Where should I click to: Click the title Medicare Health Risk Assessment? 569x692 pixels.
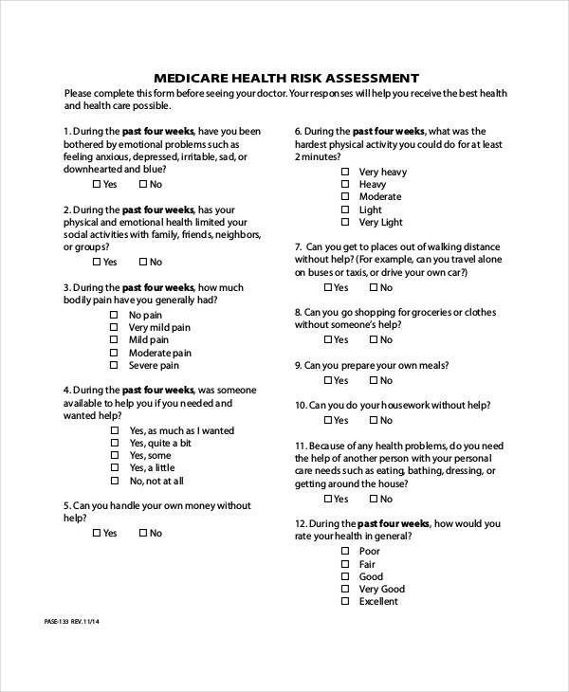pyautogui.click(x=285, y=77)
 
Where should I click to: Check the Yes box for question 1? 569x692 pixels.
pyautogui.click(x=97, y=184)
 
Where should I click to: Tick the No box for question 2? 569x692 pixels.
pyautogui.click(x=143, y=262)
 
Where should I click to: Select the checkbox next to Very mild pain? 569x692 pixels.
pyautogui.click(x=114, y=327)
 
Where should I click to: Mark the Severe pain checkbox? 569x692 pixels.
pyautogui.click(x=114, y=365)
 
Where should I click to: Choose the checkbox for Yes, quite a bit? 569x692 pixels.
pyautogui.click(x=114, y=443)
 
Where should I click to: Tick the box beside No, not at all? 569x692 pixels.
pyautogui.click(x=114, y=481)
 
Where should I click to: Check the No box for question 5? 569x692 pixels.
pyautogui.click(x=143, y=533)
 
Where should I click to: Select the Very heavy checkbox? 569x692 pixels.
pyautogui.click(x=344, y=172)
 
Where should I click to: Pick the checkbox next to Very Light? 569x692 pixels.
pyautogui.click(x=344, y=223)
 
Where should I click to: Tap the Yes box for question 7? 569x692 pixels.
pyautogui.click(x=328, y=287)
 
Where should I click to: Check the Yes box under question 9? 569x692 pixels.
pyautogui.click(x=328, y=380)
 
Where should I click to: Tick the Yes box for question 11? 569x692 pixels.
pyautogui.click(x=328, y=499)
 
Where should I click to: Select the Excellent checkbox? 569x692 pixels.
pyautogui.click(x=344, y=601)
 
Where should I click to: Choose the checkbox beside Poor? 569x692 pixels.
pyautogui.click(x=344, y=551)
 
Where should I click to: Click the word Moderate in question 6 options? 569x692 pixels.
pyautogui.click(x=380, y=197)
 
